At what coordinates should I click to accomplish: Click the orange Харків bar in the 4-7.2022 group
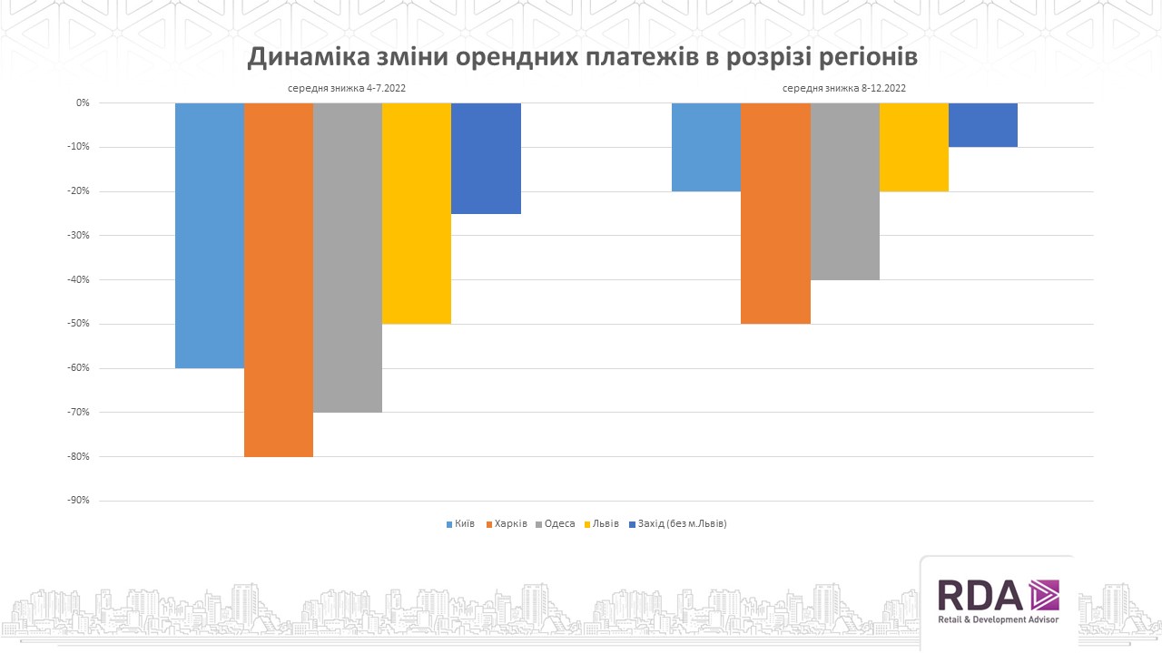tap(279, 279)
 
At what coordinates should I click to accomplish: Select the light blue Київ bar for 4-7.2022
tap(210, 236)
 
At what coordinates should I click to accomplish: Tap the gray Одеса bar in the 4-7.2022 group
tap(348, 258)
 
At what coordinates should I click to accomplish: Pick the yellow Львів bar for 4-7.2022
tap(417, 213)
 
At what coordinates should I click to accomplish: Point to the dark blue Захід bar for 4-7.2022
tap(486, 159)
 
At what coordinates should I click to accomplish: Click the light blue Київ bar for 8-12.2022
tap(706, 147)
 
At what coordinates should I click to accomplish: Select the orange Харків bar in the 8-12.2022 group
tap(775, 213)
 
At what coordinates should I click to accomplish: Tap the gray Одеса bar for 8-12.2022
tap(844, 191)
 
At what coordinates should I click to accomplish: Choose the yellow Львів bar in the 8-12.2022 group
tap(913, 147)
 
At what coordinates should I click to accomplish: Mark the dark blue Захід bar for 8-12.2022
tap(982, 125)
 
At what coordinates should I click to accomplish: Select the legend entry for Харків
tap(507, 524)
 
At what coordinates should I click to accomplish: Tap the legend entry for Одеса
tap(555, 524)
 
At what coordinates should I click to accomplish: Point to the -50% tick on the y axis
tap(77, 324)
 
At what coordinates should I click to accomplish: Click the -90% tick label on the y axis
tap(77, 501)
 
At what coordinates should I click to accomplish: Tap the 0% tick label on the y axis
tap(83, 103)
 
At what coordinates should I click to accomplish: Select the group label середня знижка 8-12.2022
tap(844, 89)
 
